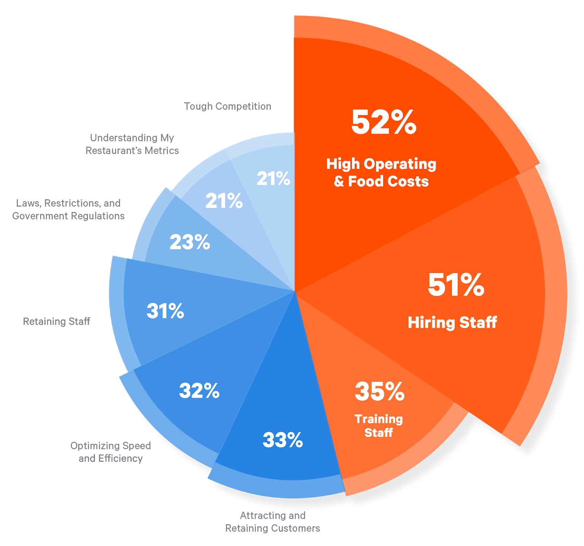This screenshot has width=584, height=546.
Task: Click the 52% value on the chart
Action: pos(384,122)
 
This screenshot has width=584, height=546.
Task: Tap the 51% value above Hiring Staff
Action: pos(456,285)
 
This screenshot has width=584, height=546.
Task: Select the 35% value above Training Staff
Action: pos(380,392)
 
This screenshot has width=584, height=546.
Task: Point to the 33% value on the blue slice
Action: pos(283,440)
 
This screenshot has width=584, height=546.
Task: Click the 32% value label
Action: pos(199,391)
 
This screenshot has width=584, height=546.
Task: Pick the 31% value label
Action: pos(165,311)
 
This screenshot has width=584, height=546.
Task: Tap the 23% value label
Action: pos(190,242)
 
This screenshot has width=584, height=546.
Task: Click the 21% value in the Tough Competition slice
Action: pos(273,178)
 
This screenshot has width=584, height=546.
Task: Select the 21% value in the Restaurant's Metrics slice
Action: pos(224,201)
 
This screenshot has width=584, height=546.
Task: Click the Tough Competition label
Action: pos(227,106)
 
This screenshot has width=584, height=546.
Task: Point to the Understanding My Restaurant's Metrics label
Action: pos(132,144)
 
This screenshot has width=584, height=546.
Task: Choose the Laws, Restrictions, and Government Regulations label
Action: pos(69,209)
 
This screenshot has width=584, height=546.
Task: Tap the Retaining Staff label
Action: pos(57,321)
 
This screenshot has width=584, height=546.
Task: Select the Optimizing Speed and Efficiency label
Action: pos(111,452)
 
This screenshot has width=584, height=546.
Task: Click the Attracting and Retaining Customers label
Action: pos(273,522)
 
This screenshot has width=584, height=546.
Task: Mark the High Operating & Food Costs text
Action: pos(381,173)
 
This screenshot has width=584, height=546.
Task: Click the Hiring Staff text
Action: pos(452,323)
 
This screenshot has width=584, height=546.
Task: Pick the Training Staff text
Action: pos(379,426)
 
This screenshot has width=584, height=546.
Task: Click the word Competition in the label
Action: pos(243,106)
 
